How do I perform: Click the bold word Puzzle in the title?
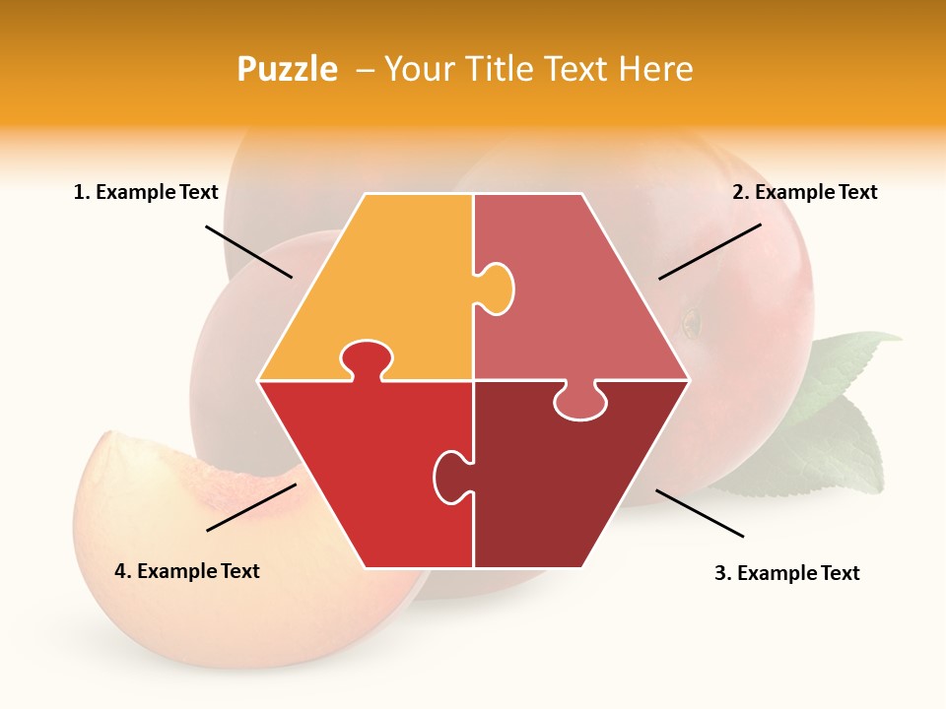(287, 69)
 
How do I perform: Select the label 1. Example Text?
(146, 192)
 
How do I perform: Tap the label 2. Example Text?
(804, 192)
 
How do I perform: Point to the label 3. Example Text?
(786, 573)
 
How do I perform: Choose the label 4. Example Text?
(187, 571)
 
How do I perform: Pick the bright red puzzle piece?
(365, 473)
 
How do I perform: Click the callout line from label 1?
(248, 251)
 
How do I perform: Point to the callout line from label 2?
(709, 251)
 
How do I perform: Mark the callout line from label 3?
(700, 513)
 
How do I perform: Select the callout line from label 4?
(251, 507)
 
